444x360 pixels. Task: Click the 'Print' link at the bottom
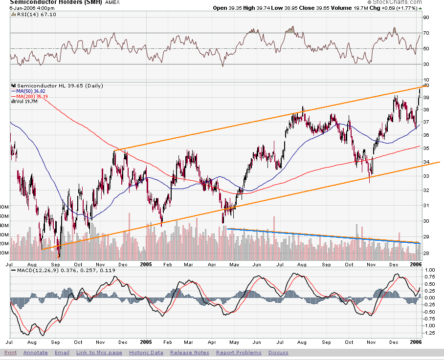tap(10, 353)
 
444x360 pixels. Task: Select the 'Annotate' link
tap(35, 353)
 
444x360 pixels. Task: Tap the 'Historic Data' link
tap(146, 353)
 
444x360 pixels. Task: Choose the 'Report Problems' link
tap(239, 353)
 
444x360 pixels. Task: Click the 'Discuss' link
tap(278, 353)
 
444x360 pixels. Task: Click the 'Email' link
tap(62, 353)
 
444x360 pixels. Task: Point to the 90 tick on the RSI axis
tap(426, 18)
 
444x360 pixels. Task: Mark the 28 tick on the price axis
tap(426, 253)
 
